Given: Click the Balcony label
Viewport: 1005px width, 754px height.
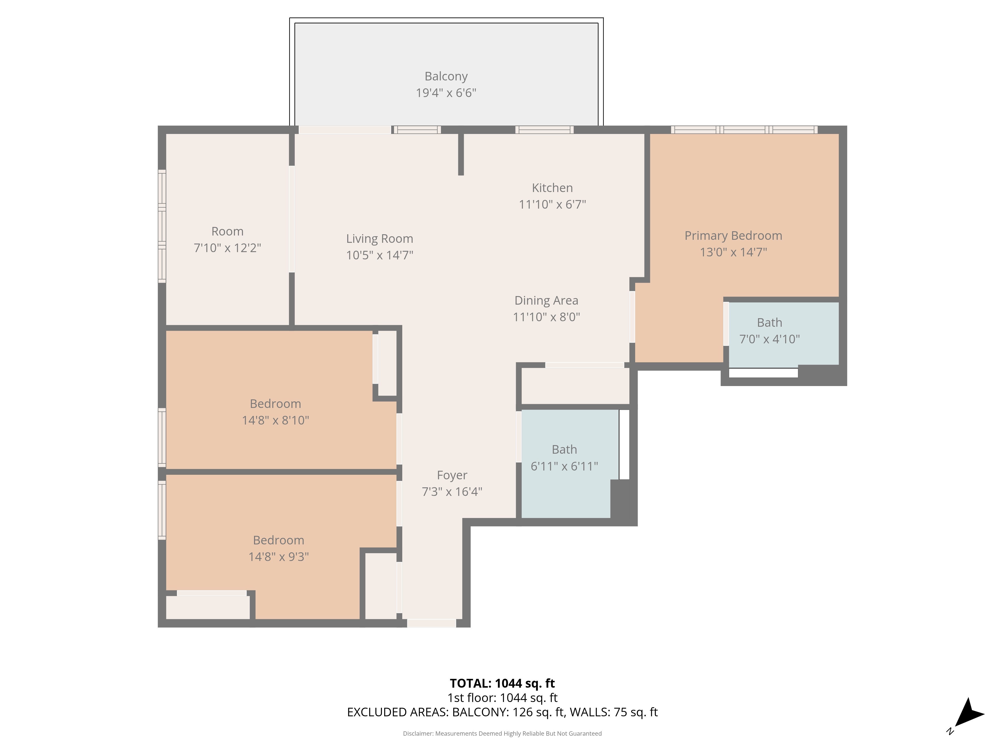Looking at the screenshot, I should pyautogui.click(x=446, y=76).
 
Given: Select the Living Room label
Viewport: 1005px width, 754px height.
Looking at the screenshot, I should pyautogui.click(x=379, y=239).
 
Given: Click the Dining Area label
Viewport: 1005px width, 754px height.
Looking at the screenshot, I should pyautogui.click(x=546, y=300).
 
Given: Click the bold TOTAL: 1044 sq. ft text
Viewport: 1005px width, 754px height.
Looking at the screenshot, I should pyautogui.click(x=502, y=683).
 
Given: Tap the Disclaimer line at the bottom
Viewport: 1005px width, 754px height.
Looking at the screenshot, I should pyautogui.click(x=502, y=734).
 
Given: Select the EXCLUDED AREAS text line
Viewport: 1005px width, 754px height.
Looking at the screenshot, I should pyautogui.click(x=502, y=712).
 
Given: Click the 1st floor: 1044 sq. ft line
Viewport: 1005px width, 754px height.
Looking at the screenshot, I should pyautogui.click(x=502, y=698).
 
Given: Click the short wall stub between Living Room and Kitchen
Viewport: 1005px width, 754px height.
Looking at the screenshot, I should pyautogui.click(x=461, y=155).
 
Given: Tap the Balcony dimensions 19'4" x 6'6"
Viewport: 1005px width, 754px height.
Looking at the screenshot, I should pyautogui.click(x=446, y=93).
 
